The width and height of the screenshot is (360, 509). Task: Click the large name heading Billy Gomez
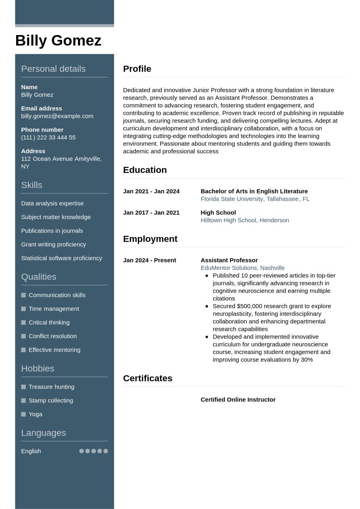click(58, 41)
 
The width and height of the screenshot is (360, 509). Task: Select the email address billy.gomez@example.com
click(57, 116)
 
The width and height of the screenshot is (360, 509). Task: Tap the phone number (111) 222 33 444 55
click(48, 137)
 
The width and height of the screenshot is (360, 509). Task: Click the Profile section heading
click(137, 69)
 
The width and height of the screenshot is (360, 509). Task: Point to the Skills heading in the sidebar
click(31, 185)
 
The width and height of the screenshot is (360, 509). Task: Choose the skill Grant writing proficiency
click(53, 244)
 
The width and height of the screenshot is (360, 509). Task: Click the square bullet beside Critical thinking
click(23, 322)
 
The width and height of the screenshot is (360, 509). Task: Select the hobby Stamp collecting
click(50, 401)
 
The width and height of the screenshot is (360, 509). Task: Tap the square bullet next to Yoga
click(23, 414)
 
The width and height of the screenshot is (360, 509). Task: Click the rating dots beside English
click(94, 451)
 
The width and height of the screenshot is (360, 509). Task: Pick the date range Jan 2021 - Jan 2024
click(151, 191)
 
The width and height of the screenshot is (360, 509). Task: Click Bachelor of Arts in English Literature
click(254, 191)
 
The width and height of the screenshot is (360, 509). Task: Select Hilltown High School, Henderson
click(245, 220)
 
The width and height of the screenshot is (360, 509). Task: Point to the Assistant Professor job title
click(229, 260)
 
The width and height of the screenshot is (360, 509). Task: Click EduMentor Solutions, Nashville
click(242, 268)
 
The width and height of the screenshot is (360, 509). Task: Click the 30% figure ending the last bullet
click(307, 359)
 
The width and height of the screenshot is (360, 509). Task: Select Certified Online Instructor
click(238, 400)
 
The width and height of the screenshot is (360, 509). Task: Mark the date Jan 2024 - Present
click(149, 260)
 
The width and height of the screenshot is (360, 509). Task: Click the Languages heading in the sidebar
click(43, 433)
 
